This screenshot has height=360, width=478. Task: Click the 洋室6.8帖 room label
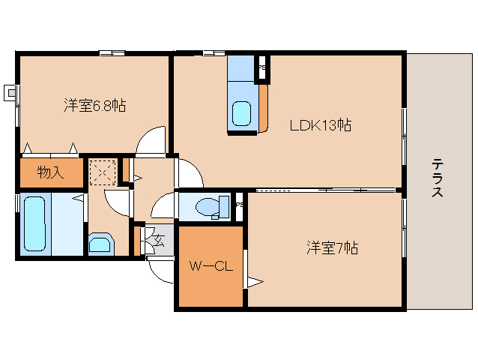94,106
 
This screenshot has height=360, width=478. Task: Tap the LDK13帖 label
321,125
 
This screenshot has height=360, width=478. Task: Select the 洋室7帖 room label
331,247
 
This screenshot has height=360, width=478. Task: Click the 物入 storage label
50,173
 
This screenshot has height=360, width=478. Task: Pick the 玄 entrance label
158,240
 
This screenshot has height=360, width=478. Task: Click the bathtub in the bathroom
34,224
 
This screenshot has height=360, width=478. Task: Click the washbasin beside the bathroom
100,244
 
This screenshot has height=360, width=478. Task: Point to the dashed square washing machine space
103,172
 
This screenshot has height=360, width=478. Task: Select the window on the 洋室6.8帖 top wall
112,52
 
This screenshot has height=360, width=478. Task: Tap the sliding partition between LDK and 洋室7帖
322,190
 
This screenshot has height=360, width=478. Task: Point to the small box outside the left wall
10,93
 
